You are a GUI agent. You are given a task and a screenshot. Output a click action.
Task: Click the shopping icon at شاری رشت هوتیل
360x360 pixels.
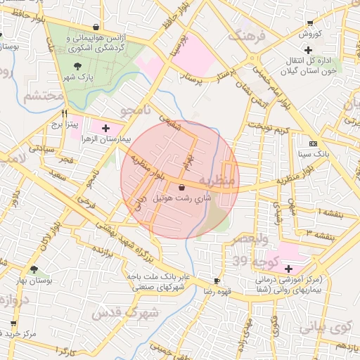tap(183, 188)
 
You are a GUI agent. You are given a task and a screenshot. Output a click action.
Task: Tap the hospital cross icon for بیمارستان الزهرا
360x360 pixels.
tap(105, 128)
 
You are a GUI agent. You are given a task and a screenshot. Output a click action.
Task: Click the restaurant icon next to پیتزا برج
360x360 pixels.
tap(64, 112)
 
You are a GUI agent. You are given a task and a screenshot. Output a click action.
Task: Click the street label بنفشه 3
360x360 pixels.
tap(323, 232)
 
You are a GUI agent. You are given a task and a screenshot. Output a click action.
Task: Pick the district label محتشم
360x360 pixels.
tap(44, 96)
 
